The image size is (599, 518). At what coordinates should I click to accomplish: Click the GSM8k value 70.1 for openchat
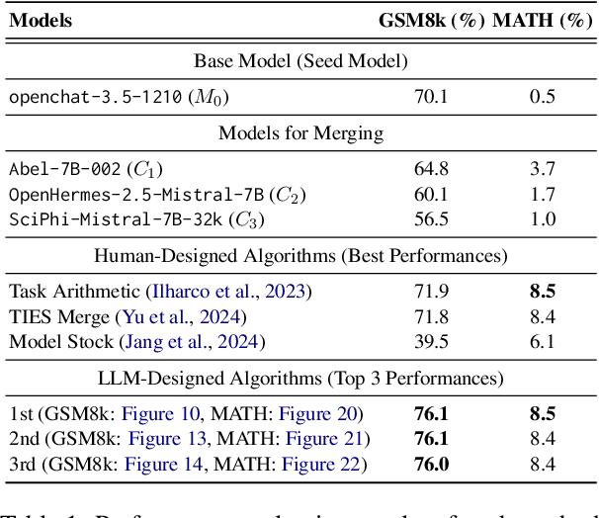click(431, 96)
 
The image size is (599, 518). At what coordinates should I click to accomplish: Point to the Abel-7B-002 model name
click(64, 167)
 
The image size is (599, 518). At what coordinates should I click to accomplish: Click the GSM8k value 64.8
click(431, 167)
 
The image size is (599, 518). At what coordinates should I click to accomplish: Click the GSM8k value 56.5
click(431, 216)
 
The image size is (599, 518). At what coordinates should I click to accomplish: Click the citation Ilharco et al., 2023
click(226, 292)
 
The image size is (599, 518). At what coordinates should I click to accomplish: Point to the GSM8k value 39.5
click(431, 341)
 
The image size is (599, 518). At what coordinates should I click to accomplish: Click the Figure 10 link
click(164, 413)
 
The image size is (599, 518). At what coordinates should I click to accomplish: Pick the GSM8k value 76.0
click(431, 463)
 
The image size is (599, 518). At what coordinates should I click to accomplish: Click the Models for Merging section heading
click(300, 132)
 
